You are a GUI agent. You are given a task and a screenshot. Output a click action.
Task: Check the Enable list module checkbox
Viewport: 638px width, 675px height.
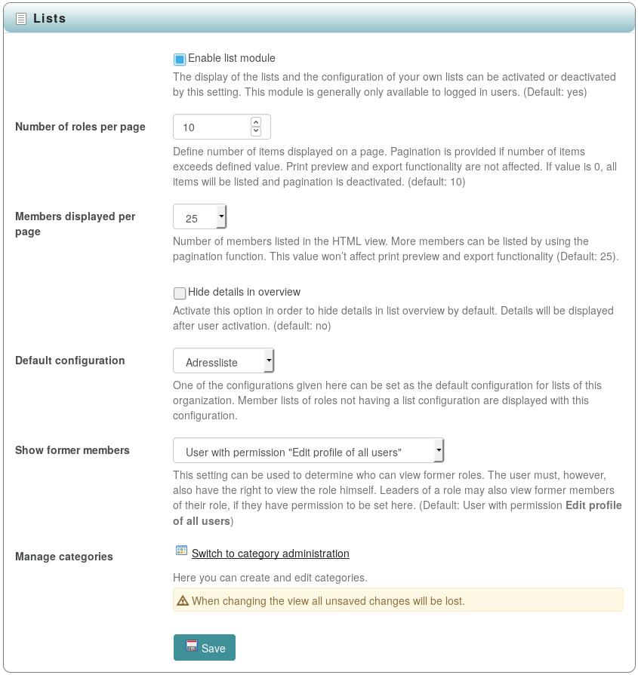180,59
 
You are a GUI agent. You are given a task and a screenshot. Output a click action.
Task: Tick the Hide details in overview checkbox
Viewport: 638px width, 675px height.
180,293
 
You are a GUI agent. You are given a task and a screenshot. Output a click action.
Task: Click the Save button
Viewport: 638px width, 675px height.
205,648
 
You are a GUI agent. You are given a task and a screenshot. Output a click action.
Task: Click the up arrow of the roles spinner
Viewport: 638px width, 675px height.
256,121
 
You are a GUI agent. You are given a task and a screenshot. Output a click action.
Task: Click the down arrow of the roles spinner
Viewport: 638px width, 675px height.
256,131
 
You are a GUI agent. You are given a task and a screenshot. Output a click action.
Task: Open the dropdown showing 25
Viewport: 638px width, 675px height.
200,218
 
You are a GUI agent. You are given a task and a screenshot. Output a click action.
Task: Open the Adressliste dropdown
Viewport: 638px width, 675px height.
223,362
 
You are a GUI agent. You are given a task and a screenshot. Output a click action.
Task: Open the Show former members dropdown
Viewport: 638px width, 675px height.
308,452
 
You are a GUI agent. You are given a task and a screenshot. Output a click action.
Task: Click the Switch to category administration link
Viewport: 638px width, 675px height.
270,554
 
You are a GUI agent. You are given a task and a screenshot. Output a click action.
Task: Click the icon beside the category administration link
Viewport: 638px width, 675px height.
181,551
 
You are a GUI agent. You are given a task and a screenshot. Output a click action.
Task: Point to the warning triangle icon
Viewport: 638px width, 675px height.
183,601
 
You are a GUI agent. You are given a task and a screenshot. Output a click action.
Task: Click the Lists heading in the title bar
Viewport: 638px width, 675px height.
50,18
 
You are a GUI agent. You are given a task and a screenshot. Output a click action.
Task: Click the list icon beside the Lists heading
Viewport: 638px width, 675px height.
21,19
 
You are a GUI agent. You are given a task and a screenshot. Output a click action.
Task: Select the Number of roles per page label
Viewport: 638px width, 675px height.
80,127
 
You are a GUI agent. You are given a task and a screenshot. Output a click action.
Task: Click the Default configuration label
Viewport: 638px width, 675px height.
70,361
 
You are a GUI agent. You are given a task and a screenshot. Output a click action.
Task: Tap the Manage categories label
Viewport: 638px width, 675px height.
64,557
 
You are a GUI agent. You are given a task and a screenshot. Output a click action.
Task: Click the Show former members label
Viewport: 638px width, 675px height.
72,450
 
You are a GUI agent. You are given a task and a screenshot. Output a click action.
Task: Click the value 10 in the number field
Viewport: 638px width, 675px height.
189,127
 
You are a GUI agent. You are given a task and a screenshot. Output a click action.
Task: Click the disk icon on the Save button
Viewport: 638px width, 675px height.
192,646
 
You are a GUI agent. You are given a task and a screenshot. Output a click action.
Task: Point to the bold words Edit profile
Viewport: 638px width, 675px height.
593,505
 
